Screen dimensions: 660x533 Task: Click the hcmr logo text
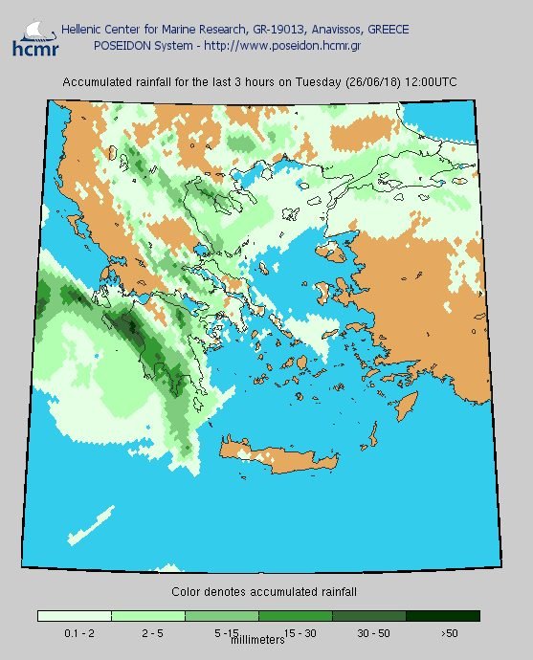click(x=31, y=47)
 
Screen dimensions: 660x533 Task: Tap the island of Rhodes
click(x=410, y=403)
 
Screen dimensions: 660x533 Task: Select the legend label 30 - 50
click(x=371, y=633)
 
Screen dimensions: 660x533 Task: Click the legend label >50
click(x=448, y=633)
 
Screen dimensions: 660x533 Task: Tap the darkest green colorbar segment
click(x=443, y=616)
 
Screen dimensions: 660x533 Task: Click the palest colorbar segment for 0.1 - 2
click(x=75, y=616)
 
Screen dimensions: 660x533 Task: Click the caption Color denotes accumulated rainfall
click(x=264, y=592)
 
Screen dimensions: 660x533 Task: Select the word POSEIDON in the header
click(x=122, y=45)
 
